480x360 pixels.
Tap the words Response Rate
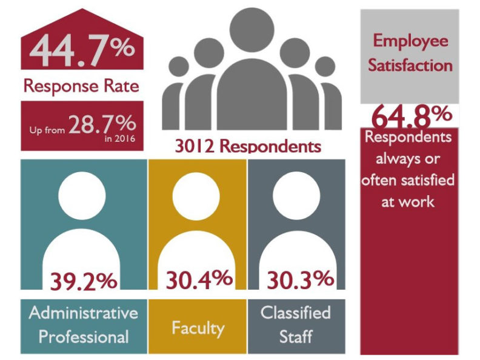coord(81,85)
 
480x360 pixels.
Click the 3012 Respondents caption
coord(247,146)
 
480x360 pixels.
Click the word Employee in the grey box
coord(410,41)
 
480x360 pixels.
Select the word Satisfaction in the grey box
coord(410,65)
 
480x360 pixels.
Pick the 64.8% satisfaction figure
coord(410,115)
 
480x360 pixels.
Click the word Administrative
coord(83,313)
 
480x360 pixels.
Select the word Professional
coord(83,336)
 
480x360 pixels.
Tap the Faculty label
coord(198,328)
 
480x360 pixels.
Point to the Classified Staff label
coord(296,324)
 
